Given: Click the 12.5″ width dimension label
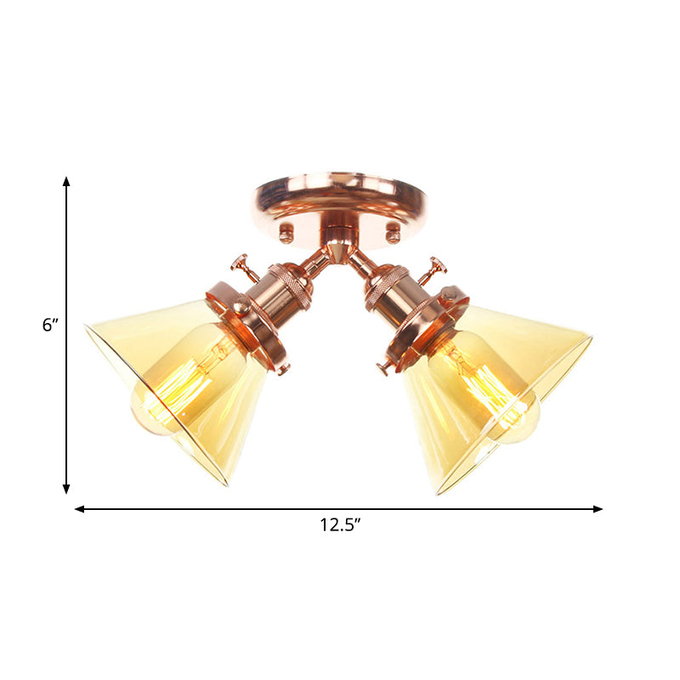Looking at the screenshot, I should pyautogui.click(x=340, y=525).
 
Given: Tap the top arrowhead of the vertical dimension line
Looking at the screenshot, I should pyautogui.click(x=66, y=182).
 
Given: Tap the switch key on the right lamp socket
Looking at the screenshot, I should pyautogui.click(x=437, y=266).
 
